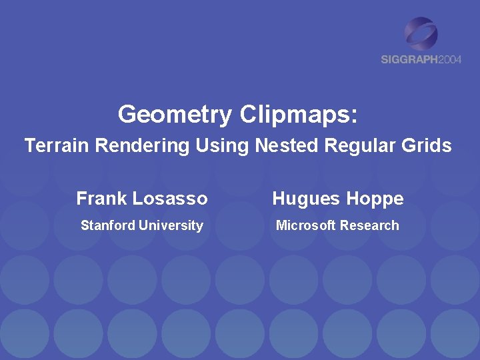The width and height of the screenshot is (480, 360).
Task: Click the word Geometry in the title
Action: (x=174, y=115)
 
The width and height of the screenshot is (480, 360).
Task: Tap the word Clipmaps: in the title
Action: (x=298, y=115)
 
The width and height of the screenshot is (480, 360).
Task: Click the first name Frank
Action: (x=101, y=199)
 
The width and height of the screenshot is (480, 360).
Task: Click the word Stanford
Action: (x=108, y=225)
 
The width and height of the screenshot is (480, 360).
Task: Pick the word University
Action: (x=171, y=225)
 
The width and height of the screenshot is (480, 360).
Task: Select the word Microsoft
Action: (x=306, y=225)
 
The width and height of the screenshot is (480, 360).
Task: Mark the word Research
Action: (x=369, y=225)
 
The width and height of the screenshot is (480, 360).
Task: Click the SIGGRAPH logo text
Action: (x=409, y=59)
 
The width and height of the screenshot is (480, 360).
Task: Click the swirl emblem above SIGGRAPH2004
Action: (x=421, y=33)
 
